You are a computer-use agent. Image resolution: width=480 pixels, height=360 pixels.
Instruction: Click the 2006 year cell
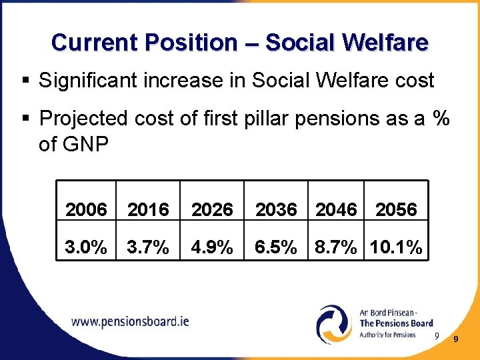click(x=87, y=209)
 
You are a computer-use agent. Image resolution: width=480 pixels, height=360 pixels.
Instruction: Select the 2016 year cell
click(x=148, y=209)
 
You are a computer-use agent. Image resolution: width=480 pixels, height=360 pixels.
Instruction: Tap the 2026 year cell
click(x=212, y=209)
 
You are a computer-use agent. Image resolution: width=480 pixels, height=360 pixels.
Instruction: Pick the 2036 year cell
click(x=276, y=209)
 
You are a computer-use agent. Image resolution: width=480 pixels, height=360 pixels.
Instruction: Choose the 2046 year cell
click(x=337, y=209)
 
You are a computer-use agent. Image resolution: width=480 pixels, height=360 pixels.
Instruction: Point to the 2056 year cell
click(x=396, y=209)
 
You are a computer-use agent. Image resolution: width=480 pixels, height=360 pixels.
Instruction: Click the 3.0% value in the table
click(x=87, y=248)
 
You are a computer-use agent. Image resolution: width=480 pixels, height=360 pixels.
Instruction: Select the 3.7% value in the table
click(x=148, y=248)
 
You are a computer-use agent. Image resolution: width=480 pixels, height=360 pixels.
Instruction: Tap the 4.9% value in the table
click(x=212, y=248)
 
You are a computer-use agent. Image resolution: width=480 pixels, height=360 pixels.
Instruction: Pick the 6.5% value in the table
click(x=276, y=248)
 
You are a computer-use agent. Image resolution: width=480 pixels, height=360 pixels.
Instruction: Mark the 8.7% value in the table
click(x=337, y=248)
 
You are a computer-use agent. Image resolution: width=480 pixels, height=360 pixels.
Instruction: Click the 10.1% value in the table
click(x=396, y=248)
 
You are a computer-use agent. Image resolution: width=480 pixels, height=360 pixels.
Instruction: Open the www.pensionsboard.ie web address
click(x=130, y=321)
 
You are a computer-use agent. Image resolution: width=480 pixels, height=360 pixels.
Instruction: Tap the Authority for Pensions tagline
click(x=387, y=335)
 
